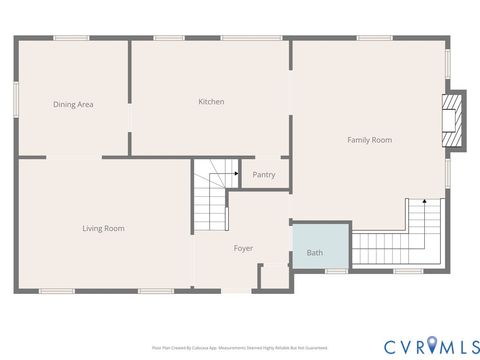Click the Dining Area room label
(x=73, y=104)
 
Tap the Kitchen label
(x=211, y=101)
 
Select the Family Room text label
(x=369, y=140)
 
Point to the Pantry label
(x=264, y=175)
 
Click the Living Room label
(x=103, y=228)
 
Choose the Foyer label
(x=243, y=248)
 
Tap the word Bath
(x=315, y=254)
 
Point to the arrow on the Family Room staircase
(x=425, y=203)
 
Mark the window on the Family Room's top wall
(x=373, y=38)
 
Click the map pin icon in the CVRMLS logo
(x=431, y=345)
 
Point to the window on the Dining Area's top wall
(x=72, y=38)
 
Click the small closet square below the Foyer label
(x=273, y=277)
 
